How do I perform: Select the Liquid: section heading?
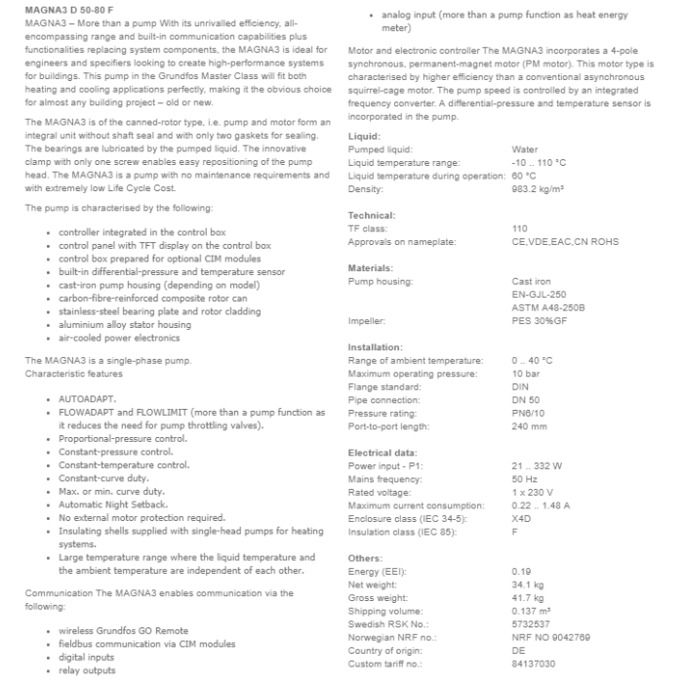click(364, 136)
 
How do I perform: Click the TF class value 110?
click(519, 228)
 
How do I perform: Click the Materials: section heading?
click(370, 267)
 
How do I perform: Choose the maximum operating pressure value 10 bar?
click(525, 374)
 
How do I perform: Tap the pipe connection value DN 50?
click(525, 400)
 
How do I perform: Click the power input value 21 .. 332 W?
click(536, 465)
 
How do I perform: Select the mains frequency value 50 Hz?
click(524, 479)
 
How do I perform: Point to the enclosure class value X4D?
click(522, 518)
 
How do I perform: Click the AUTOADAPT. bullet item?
click(87, 400)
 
